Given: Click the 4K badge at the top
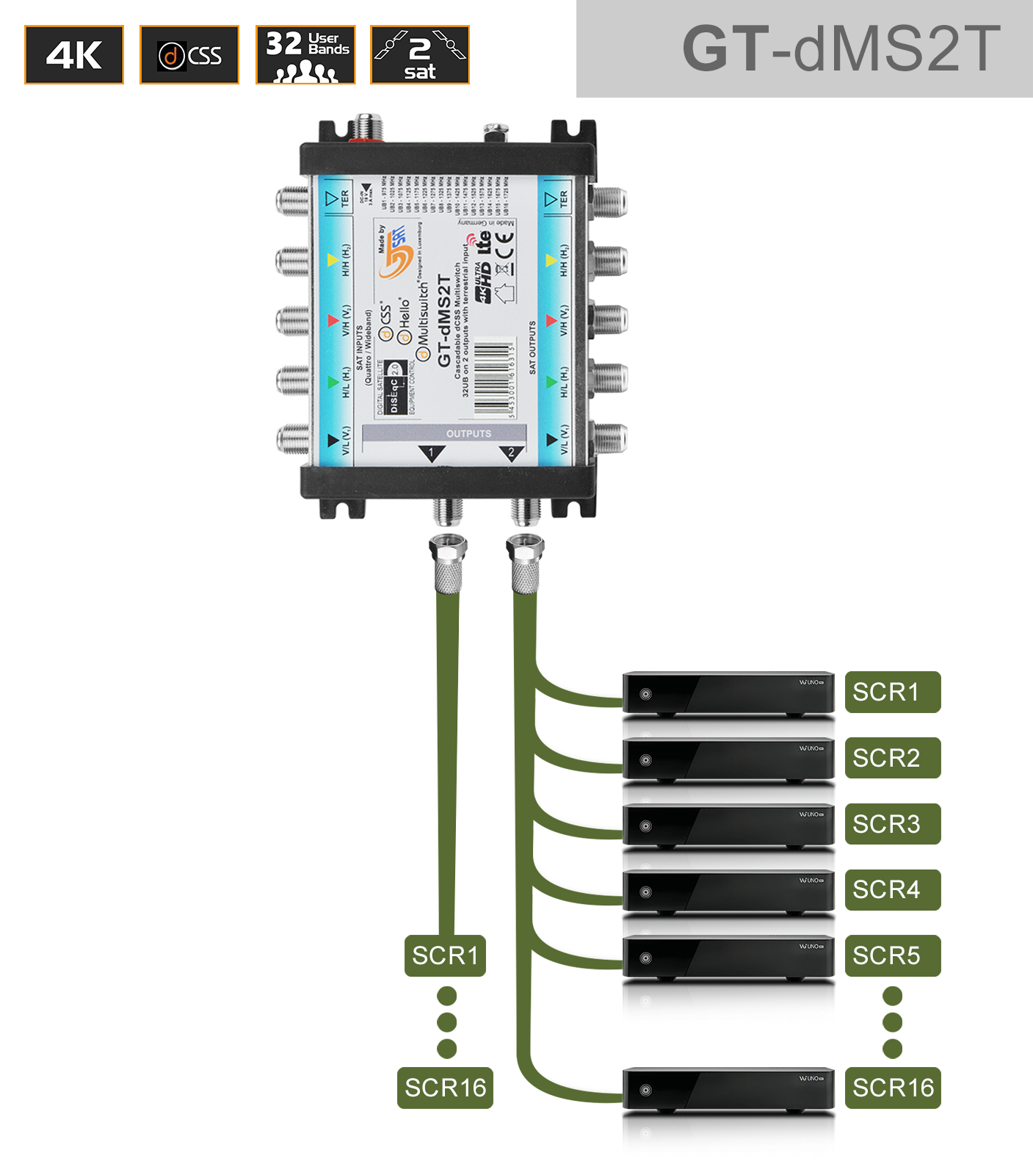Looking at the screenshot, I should [74, 55].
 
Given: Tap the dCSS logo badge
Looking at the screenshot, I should [189, 55].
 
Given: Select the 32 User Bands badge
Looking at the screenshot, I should [305, 55].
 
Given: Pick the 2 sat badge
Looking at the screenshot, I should [420, 55].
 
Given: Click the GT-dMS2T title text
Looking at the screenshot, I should [841, 49].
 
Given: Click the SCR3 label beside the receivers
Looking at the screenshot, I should [892, 824].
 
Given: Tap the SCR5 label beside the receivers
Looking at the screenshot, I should [892, 955].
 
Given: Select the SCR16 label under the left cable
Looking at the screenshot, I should [445, 1088].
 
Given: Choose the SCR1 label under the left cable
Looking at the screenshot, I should [445, 955].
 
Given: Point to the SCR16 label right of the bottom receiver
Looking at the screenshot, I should [892, 1088].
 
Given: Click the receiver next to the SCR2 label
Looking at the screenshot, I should [728, 759].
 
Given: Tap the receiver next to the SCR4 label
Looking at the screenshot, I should [728, 892].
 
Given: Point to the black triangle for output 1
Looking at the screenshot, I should [432, 454].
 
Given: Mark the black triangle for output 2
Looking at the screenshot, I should [511, 454].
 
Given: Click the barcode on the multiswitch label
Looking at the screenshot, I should [493, 377].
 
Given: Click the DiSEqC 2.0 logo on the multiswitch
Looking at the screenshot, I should [394, 387].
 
